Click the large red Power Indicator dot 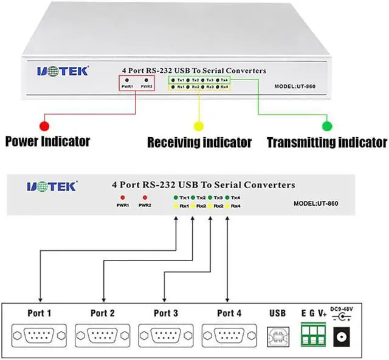(44, 126)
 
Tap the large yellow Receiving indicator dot (199, 126)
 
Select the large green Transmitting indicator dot (327, 126)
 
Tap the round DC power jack (342, 336)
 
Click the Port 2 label (103, 313)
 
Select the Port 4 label (229, 313)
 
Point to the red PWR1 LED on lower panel (123, 198)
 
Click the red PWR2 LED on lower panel (145, 198)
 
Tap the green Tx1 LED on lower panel (175, 198)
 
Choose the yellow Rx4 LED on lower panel (227, 206)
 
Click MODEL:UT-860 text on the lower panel (315, 203)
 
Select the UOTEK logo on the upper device (63, 71)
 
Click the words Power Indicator (47, 142)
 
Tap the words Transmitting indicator (327, 143)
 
